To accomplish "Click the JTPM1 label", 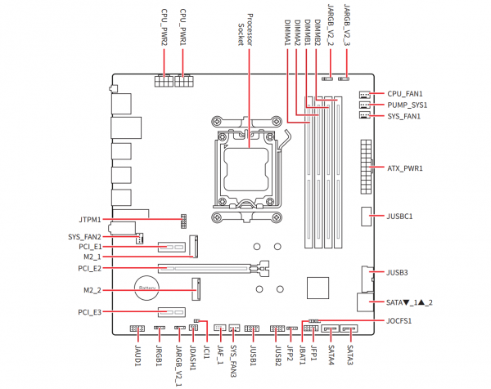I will (90, 220).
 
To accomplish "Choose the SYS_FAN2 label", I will (84, 237).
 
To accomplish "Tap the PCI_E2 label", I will (89, 268).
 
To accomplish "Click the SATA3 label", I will (349, 356).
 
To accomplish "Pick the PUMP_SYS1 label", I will (408, 105).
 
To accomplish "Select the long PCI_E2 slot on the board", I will (213, 267).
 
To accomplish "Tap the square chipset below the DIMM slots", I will (318, 289).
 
